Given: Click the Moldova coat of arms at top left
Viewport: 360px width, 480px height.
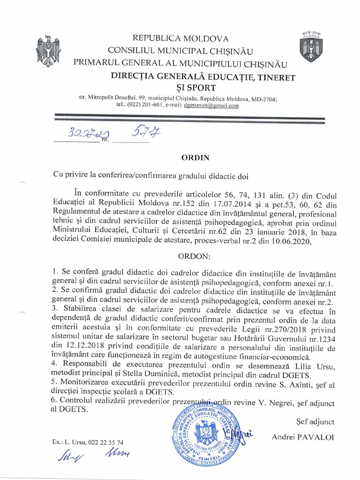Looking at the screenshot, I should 48,50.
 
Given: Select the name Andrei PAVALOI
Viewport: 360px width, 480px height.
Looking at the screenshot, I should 302,437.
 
